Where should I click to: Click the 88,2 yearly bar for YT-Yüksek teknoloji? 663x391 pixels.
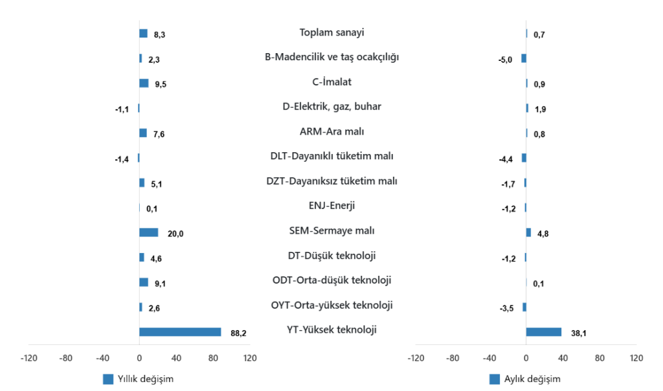pos(180,332)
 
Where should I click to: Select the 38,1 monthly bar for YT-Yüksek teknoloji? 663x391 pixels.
pos(544,332)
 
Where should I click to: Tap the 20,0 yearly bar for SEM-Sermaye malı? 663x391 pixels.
pos(148,233)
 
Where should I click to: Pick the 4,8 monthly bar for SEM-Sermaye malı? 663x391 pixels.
pos(528,232)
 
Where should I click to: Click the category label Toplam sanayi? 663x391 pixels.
pos(332,32)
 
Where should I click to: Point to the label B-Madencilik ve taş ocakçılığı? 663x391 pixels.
pos(332,57)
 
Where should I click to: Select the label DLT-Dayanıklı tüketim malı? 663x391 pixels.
pos(332,156)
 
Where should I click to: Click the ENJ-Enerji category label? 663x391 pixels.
pos(332,206)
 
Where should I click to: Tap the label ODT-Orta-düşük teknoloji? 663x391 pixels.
pos(332,280)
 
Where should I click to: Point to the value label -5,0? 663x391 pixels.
pos(505,60)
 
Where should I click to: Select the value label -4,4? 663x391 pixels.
pos(505,159)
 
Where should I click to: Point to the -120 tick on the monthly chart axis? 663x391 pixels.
pos(416,358)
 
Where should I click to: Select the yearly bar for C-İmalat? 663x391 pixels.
pos(144,83)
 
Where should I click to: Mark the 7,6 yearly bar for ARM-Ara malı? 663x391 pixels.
pos(143,133)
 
